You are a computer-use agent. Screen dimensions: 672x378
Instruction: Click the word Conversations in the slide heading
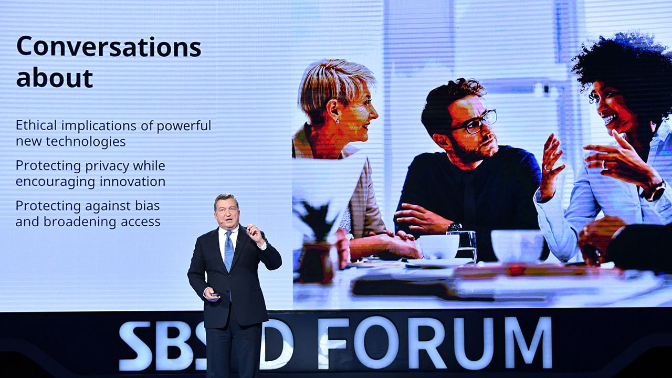pyautogui.click(x=109, y=47)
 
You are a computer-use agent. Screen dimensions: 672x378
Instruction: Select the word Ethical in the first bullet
pyautogui.click(x=36, y=125)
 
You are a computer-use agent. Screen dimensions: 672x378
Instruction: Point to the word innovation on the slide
pyautogui.click(x=132, y=182)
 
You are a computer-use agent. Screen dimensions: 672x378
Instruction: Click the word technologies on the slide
pyautogui.click(x=86, y=142)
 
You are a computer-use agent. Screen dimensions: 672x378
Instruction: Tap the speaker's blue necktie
pyautogui.click(x=229, y=251)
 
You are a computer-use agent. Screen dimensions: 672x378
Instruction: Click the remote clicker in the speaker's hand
pyautogui.click(x=215, y=295)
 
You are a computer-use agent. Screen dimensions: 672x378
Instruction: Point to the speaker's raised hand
pyautogui.click(x=255, y=234)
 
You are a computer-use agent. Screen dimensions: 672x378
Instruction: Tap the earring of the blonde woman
pyautogui.click(x=338, y=121)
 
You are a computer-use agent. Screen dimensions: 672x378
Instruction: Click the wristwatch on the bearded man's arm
pyautogui.click(x=454, y=227)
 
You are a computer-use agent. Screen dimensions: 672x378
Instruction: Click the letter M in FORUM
pyautogui.click(x=528, y=343)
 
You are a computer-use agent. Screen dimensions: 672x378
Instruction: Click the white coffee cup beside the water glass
pyautogui.click(x=439, y=247)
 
